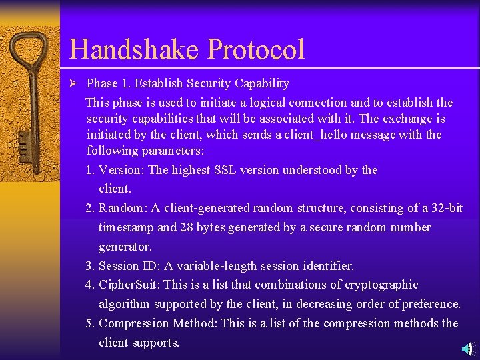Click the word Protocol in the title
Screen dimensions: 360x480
(256, 50)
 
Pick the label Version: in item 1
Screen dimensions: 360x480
(122, 170)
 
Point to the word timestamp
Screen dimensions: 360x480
(127, 227)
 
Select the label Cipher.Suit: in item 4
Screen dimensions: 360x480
(129, 285)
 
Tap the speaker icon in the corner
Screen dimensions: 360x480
(468, 349)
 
